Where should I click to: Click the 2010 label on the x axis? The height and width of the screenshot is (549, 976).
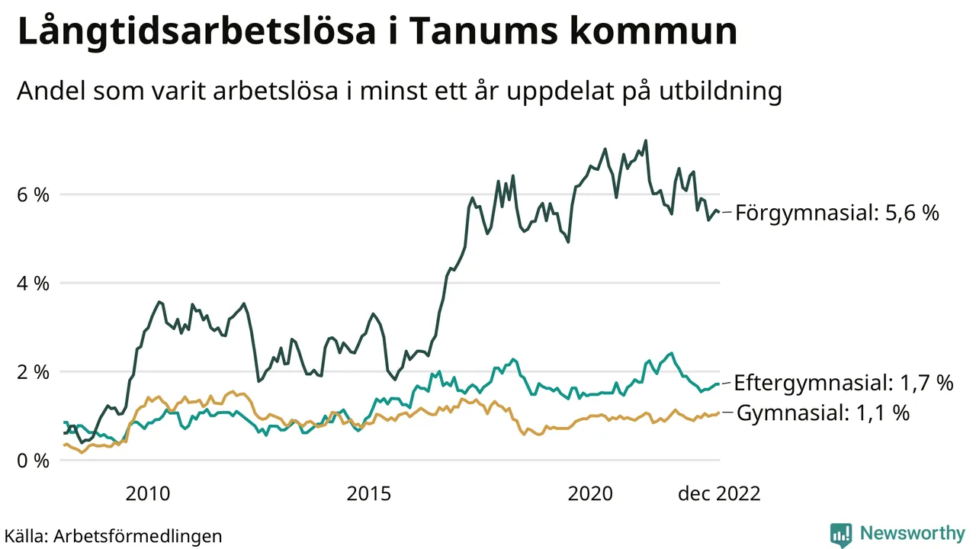point(148,494)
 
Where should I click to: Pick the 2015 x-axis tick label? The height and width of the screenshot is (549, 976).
point(369,494)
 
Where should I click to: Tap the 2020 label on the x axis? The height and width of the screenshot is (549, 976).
point(590,494)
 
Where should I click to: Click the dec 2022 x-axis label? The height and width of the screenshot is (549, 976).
point(719,494)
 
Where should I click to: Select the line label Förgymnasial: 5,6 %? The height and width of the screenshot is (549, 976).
point(837,213)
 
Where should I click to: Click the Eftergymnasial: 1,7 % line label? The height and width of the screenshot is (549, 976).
point(843,383)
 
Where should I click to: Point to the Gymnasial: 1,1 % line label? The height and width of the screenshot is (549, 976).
point(823,413)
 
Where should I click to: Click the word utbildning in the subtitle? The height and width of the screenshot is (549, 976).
point(715,92)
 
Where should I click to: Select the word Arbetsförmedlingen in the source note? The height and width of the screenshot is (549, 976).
point(138,536)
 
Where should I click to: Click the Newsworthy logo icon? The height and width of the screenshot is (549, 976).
point(841,535)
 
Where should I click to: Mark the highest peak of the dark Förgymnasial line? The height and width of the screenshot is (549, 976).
point(646,140)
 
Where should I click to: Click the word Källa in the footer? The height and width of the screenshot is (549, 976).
point(25,536)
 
